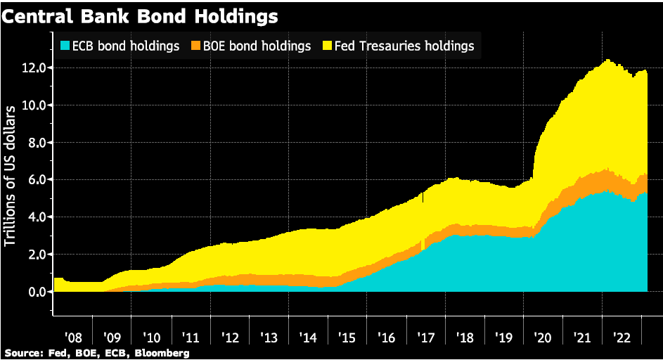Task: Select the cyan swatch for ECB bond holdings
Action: click(64, 46)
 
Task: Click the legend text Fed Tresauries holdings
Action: click(404, 46)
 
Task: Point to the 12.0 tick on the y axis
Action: click(34, 68)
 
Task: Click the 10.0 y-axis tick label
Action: click(34, 105)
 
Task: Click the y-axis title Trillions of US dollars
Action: click(11, 176)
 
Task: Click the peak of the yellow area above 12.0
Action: click(606, 60)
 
